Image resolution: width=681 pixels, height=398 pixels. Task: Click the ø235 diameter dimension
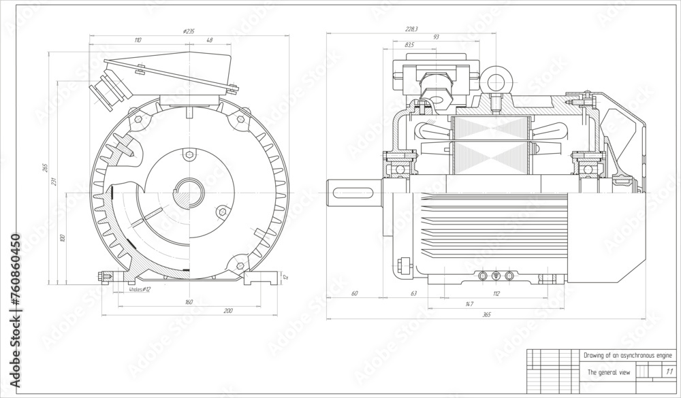tap(190, 31)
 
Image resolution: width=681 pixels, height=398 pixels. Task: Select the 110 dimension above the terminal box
tap(138, 41)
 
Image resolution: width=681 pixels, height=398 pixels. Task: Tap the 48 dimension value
tap(209, 41)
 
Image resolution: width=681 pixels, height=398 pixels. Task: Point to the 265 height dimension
tap(45, 167)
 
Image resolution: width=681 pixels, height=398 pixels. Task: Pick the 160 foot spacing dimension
tap(189, 301)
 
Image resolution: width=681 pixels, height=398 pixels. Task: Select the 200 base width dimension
tap(228, 310)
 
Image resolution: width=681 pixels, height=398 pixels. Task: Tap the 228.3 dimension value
tap(411, 29)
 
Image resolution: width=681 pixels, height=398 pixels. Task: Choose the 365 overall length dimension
tap(486, 315)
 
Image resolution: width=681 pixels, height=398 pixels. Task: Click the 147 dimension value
tap(469, 304)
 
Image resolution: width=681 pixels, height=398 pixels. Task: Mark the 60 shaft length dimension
tap(354, 294)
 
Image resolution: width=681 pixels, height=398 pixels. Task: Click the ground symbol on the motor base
tap(495, 276)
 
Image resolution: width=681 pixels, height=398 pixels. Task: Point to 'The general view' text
tap(609, 372)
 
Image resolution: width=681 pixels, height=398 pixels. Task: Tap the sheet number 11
tap(669, 371)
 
